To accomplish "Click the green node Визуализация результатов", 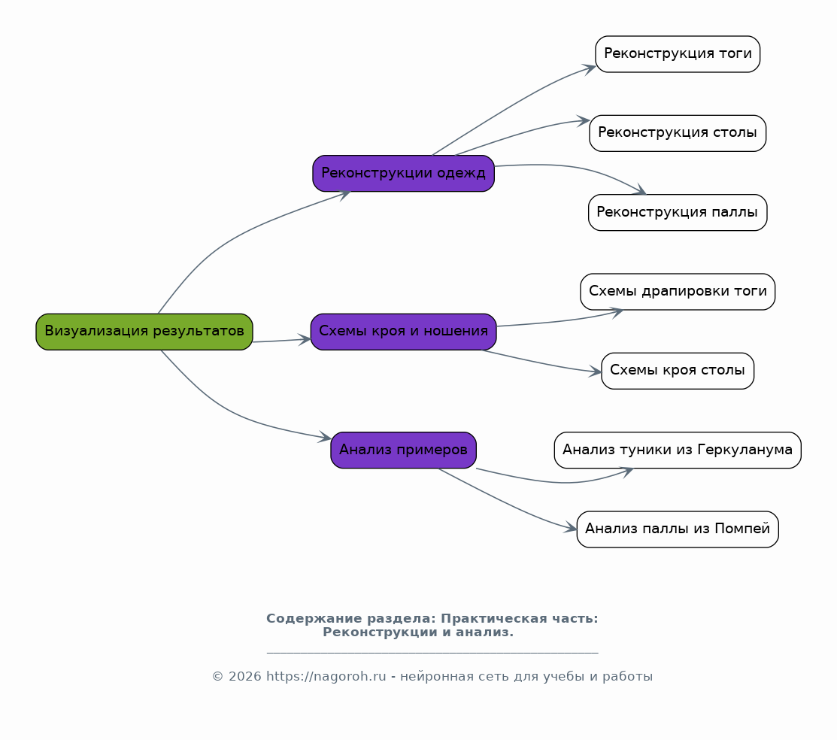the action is tap(144, 332).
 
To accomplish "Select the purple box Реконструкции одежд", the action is tap(404, 174).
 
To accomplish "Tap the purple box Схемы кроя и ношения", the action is tap(404, 332).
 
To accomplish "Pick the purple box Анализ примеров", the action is tap(404, 450).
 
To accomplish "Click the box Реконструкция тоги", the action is tap(678, 54).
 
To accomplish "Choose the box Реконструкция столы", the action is tap(678, 133).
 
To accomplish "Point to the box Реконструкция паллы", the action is tap(678, 213).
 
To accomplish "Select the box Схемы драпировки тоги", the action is tap(678, 292).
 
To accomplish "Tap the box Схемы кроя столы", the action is tap(678, 371).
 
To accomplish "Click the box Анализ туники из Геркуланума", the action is tap(678, 450).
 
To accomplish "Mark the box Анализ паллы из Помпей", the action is tap(678, 529).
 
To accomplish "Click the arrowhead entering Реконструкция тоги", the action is tap(590, 68).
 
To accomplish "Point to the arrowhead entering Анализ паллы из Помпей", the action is tap(571, 528).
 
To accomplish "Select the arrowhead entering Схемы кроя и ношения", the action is tap(305, 340).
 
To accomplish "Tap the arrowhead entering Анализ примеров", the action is tap(325, 437).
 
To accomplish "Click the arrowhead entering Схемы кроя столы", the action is tap(595, 372).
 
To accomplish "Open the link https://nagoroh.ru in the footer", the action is tap(326, 677).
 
